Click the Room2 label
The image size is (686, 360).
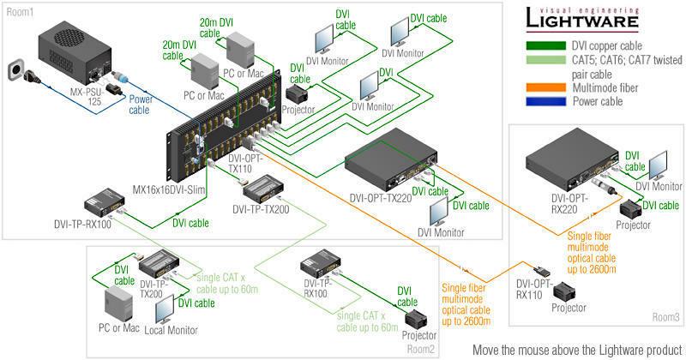[x=420, y=348]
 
